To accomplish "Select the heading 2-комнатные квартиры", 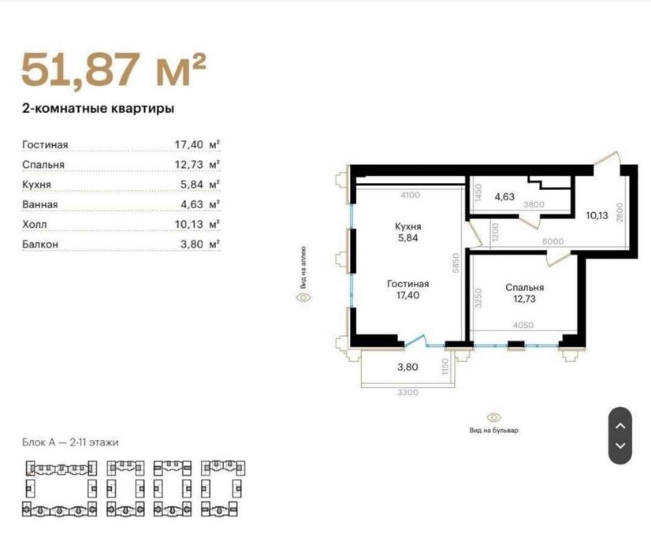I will [98, 109].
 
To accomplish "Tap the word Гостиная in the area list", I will [45, 145].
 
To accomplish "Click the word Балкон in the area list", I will [40, 244].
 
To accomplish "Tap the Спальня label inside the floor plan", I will [524, 288].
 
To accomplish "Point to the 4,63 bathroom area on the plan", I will [504, 196].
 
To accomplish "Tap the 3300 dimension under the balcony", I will [407, 392].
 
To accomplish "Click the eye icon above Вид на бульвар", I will [494, 416].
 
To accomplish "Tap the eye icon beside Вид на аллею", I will [303, 297].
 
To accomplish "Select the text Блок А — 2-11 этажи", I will [70, 442].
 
